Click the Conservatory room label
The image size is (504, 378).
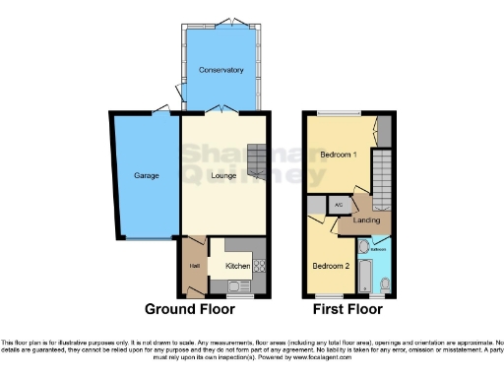pyautogui.click(x=220, y=70)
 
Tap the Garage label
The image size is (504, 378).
pyautogui.click(x=147, y=175)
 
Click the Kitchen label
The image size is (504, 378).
pyautogui.click(x=237, y=266)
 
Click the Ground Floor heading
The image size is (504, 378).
pyautogui.click(x=190, y=308)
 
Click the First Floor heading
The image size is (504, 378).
pyautogui.click(x=348, y=308)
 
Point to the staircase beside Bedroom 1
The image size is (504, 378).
pyautogui.click(x=383, y=178)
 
